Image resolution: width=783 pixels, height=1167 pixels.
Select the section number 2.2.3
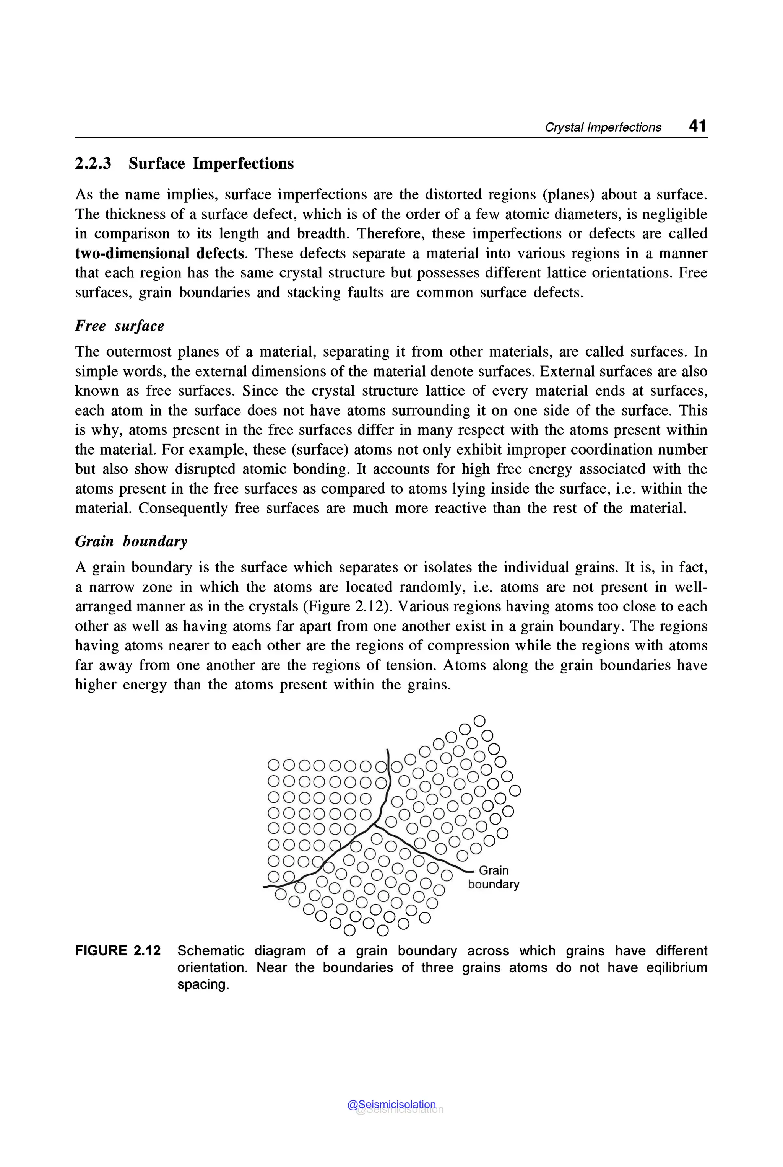pyautogui.click(x=93, y=163)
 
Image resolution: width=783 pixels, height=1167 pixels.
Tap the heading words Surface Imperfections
pyautogui.click(x=211, y=163)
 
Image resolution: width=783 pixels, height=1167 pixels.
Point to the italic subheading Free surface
pyautogui.click(x=119, y=326)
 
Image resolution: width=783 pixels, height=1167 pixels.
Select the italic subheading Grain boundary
pyautogui.click(x=131, y=541)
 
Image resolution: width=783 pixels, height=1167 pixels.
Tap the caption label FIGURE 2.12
pyautogui.click(x=118, y=950)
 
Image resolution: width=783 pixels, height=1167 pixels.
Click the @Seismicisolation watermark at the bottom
pyautogui.click(x=391, y=1105)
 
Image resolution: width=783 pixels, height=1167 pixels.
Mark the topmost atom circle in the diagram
pyautogui.click(x=479, y=721)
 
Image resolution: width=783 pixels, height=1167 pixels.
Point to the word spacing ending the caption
pyautogui.click(x=202, y=984)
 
